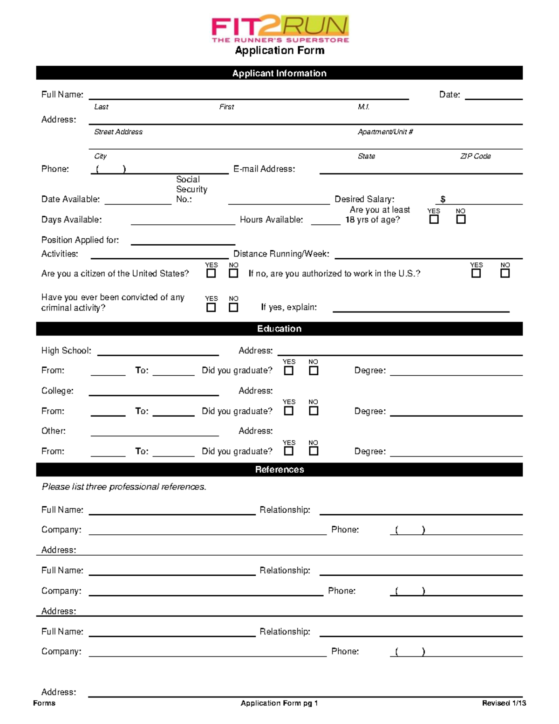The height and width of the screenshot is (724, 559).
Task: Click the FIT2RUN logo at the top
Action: (280, 29)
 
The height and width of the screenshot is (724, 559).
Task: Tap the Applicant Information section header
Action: (279, 73)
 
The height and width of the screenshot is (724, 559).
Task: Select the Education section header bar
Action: (279, 329)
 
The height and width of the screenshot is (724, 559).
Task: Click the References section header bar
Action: (279, 469)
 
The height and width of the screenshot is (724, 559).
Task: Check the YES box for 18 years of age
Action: (434, 219)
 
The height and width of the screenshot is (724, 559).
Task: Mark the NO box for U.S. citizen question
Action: (233, 273)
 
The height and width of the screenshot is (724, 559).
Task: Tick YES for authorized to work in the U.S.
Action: (476, 273)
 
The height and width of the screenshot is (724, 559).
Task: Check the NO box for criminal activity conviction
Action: (233, 307)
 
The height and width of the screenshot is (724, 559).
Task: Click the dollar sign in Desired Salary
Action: (443, 199)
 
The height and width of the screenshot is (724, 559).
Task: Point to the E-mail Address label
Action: (264, 169)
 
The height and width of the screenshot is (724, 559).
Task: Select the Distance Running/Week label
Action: (281, 254)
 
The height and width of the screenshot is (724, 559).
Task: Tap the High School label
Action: (66, 351)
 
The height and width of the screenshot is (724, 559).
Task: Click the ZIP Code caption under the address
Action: (475, 156)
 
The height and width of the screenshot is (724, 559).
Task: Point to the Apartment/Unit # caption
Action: (385, 132)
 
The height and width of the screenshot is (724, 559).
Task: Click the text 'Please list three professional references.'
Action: (124, 487)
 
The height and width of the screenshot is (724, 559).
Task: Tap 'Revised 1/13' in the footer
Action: (504, 703)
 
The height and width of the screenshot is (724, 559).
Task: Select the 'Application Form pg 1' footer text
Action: (279, 703)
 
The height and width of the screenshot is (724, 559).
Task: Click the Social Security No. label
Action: (191, 189)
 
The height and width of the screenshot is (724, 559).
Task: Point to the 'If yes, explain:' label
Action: (289, 307)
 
